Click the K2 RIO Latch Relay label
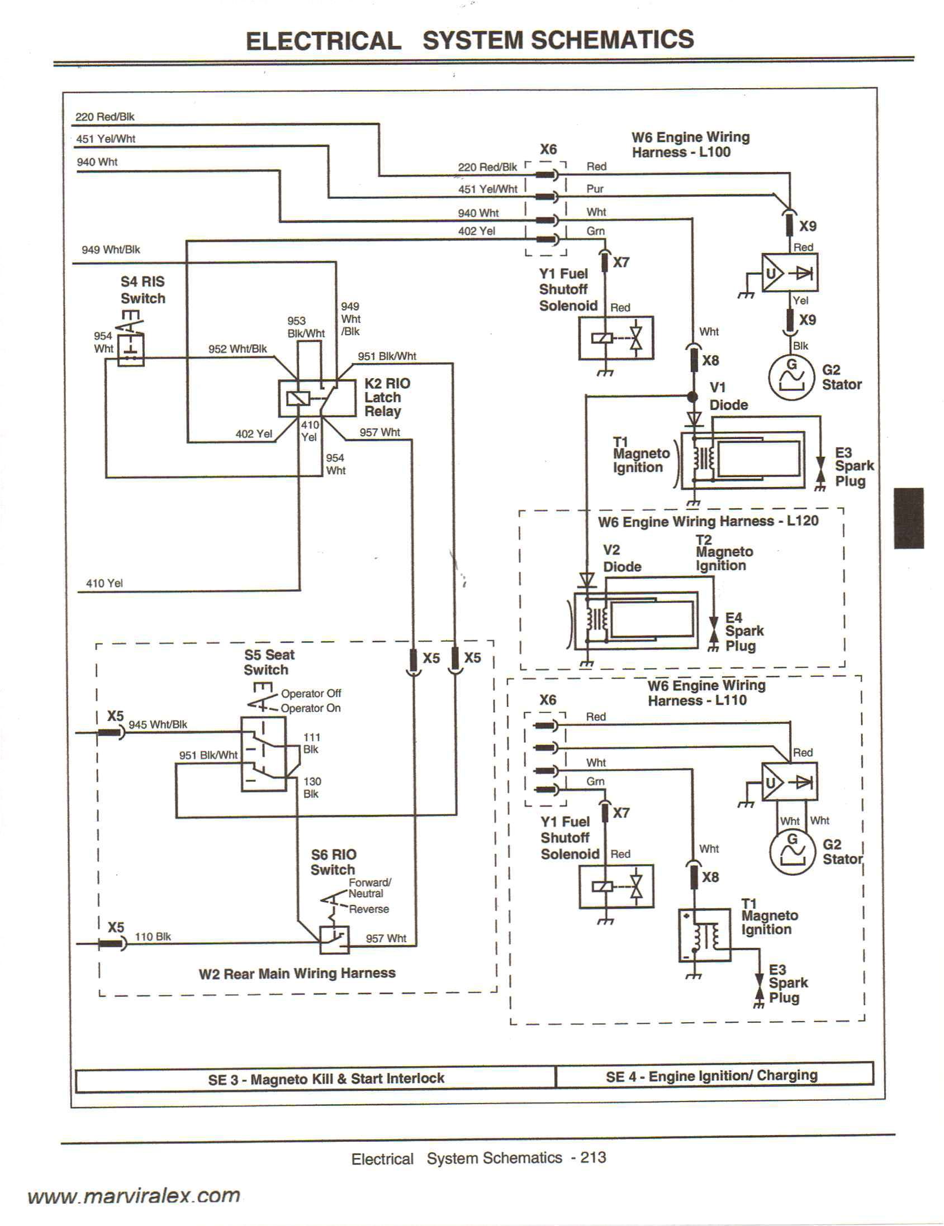coord(386,397)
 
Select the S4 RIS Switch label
coord(143,290)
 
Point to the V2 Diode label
coord(622,558)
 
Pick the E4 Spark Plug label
coord(743,632)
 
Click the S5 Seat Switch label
coord(268,662)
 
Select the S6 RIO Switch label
coord(333,862)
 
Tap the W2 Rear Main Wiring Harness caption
coord(297,973)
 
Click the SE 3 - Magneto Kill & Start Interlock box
coord(326,1079)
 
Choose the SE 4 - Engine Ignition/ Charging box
coord(711,1076)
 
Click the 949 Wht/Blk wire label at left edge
coord(111,250)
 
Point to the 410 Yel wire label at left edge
coord(104,583)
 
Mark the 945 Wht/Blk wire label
coord(158,724)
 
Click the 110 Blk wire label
coord(153,936)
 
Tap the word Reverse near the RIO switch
coord(368,909)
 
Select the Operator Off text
coord(311,693)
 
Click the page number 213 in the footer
coord(593,1157)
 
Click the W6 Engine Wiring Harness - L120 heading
coord(708,521)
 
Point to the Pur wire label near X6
coord(594,189)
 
